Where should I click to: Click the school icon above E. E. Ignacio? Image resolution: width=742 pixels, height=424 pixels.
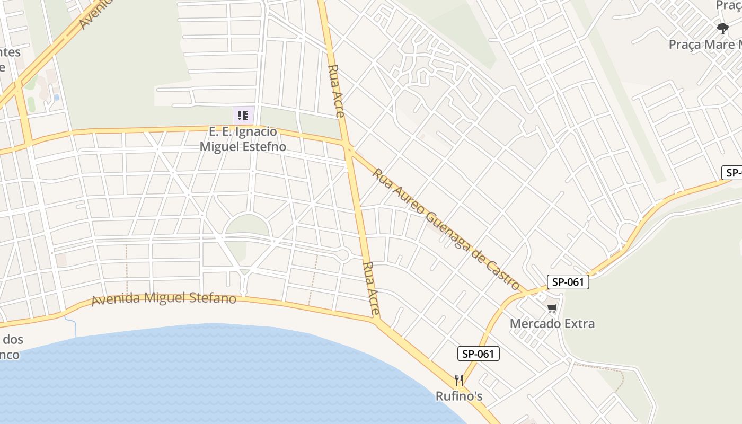pos(243,115)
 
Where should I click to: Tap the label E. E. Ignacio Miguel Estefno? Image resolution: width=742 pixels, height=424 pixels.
pos(243,139)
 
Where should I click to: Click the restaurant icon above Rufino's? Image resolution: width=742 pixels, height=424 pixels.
pos(459,381)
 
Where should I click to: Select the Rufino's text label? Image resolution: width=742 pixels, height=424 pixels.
pos(459,396)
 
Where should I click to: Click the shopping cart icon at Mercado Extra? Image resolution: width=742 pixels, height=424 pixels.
pos(552,308)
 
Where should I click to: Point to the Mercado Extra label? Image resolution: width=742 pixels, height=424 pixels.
pos(552,323)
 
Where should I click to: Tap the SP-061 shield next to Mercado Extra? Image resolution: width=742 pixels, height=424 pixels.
pos(568,282)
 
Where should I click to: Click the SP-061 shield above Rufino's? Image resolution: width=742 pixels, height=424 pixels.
pos(478,354)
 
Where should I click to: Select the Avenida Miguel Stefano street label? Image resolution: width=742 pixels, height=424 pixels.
pos(164,298)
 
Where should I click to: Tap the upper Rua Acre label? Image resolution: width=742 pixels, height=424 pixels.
pos(337,91)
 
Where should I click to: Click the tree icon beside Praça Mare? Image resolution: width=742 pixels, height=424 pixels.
pos(722,28)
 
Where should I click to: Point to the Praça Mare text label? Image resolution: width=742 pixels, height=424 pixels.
pos(705,45)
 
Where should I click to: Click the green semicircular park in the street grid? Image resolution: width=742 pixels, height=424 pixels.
pos(248,227)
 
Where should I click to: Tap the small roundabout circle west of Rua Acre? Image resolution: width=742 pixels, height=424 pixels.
pos(343,255)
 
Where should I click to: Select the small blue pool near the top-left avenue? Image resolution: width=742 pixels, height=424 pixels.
pos(56,97)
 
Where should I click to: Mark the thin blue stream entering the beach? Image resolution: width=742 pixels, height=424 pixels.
pos(74,326)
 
